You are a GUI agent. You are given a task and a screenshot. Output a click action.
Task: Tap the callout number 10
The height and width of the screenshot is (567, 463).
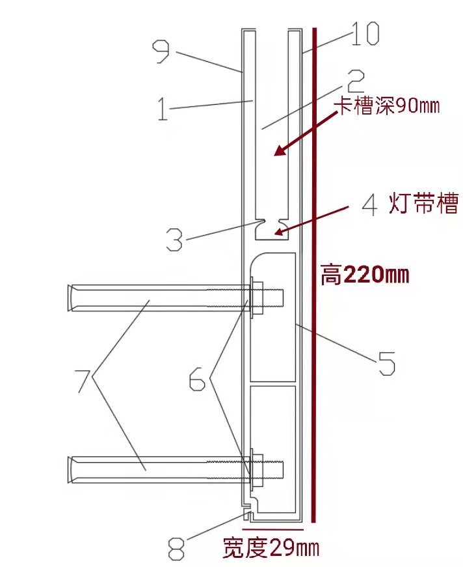[x=364, y=35]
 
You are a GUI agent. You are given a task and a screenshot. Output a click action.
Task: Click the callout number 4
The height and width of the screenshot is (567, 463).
[x=369, y=205]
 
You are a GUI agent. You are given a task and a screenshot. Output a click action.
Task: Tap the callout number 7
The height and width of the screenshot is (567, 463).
[x=83, y=380]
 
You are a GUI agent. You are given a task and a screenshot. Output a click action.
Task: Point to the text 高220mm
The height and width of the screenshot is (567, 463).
[x=365, y=275]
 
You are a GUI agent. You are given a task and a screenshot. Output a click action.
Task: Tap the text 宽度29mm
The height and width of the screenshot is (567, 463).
[x=271, y=548]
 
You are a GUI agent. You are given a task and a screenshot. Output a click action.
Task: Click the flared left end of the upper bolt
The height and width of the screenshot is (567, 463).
[x=72, y=298]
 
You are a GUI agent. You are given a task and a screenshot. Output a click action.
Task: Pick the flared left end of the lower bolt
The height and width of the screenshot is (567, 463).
[x=72, y=469]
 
